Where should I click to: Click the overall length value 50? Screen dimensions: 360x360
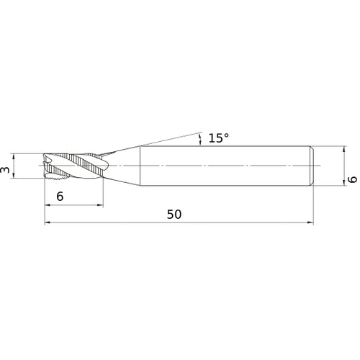[x=174, y=215]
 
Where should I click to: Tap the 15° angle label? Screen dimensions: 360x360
[x=219, y=138]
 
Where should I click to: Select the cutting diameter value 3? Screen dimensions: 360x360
[x=5, y=169]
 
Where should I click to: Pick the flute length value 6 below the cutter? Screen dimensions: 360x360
[x=60, y=197]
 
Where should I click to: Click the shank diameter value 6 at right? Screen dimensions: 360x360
[x=353, y=179]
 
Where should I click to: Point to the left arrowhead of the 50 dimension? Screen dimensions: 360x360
[x=48, y=222]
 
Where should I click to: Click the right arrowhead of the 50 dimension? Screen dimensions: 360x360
[x=310, y=222]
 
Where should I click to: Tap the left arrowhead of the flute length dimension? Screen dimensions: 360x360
[x=48, y=205]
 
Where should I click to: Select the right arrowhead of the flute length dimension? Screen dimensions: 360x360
[x=100, y=205]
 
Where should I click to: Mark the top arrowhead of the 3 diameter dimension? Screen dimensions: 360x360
[x=14, y=156]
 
